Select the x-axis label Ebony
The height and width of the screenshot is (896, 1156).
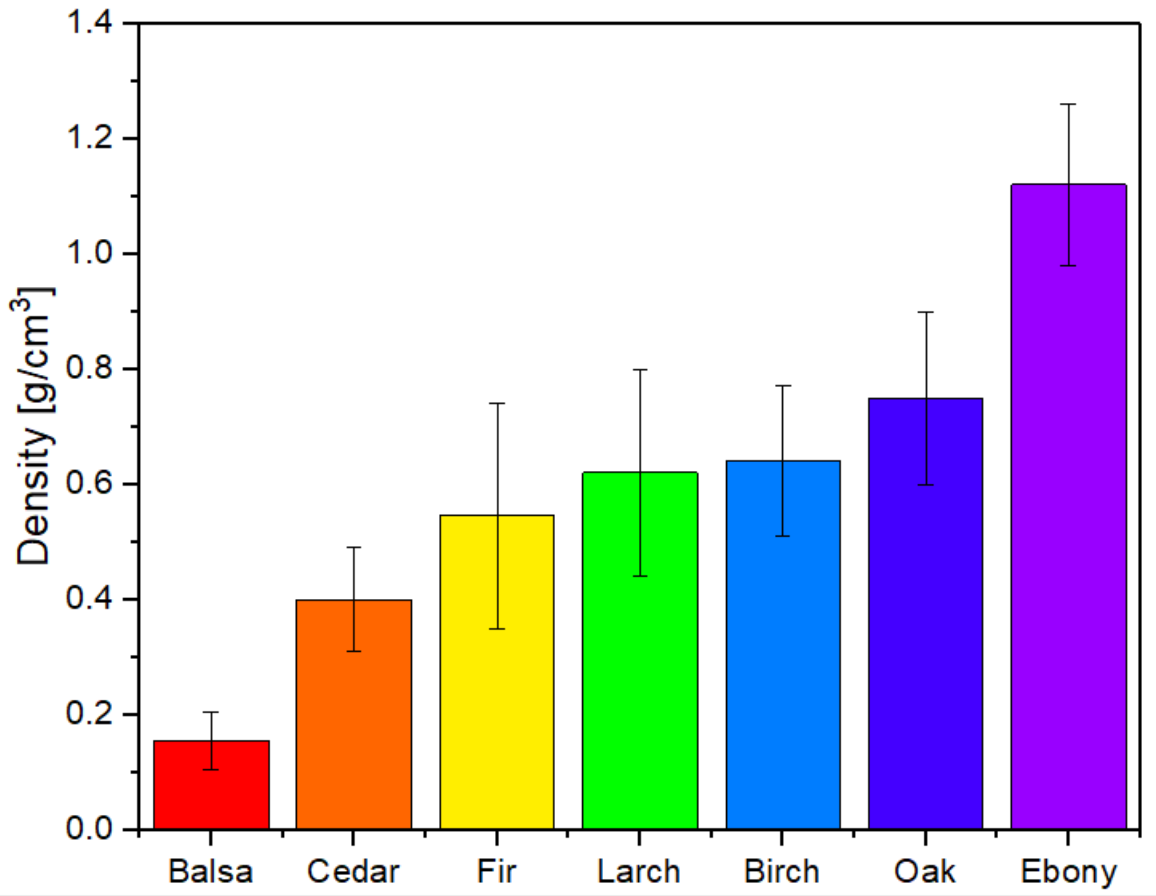pos(1068,872)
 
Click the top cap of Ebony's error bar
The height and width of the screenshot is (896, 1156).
pos(1068,104)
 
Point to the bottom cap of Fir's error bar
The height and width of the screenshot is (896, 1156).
pos(497,629)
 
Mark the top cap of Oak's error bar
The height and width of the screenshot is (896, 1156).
pos(925,312)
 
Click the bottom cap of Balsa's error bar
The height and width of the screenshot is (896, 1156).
pos(211,769)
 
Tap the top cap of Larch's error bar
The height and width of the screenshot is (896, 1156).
pos(640,370)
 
